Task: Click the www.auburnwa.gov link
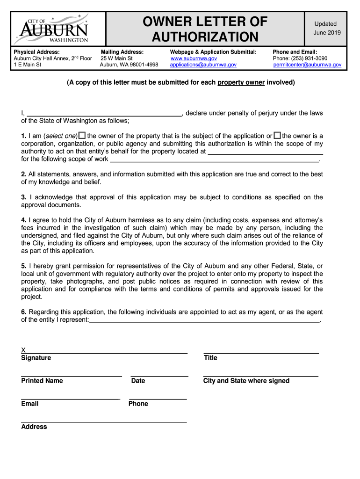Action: pyautogui.click(x=194, y=58)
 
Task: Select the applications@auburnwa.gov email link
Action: pyautogui.click(x=203, y=65)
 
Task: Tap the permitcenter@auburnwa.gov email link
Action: pyautogui.click(x=307, y=65)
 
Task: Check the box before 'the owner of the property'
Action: pyautogui.click(x=82, y=136)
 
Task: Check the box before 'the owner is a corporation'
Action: pyautogui.click(x=277, y=136)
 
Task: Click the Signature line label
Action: pyautogui.click(x=36, y=358)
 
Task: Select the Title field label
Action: pyautogui.click(x=210, y=358)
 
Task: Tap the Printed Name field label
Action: pyautogui.click(x=42, y=381)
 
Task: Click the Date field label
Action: pyautogui.click(x=138, y=381)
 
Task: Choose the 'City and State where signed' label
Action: pyautogui.click(x=246, y=381)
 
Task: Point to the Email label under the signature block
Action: pyautogui.click(x=29, y=404)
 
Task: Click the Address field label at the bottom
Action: pyautogui.click(x=34, y=427)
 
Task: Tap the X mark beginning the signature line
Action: pyautogui.click(x=23, y=350)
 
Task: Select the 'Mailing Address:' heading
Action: pyautogui.click(x=122, y=52)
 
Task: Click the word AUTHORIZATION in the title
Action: pyautogui.click(x=205, y=36)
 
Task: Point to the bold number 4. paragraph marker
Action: pyautogui.click(x=24, y=220)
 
